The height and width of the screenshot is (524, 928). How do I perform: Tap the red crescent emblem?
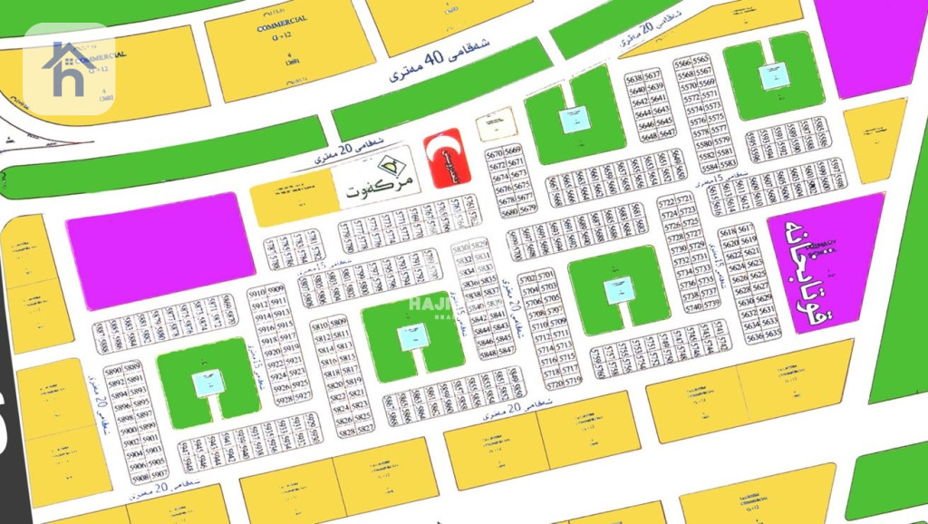(445, 157)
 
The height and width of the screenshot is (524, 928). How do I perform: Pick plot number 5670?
(495, 154)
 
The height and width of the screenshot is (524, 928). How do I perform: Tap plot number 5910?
(256, 294)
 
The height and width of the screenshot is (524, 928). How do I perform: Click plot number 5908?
(140, 476)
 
